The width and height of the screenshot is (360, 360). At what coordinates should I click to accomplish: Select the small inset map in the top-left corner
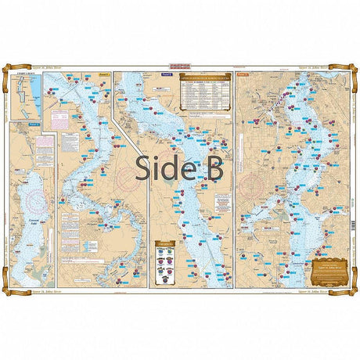(28, 95)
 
